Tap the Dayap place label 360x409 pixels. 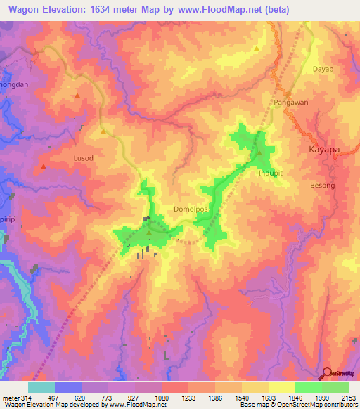pyautogui.click(x=323, y=69)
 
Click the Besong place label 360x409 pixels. pyautogui.click(x=323, y=185)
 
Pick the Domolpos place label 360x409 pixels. pyautogui.click(x=190, y=209)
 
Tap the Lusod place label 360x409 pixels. pyautogui.click(x=83, y=158)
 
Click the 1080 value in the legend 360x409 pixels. pyautogui.click(x=162, y=398)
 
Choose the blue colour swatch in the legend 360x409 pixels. pyautogui.click(x=67, y=387)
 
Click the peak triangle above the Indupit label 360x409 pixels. pyautogui.click(x=259, y=153)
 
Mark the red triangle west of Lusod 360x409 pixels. pyautogui.click(x=44, y=166)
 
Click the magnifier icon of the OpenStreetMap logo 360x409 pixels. pyautogui.click(x=326, y=372)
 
